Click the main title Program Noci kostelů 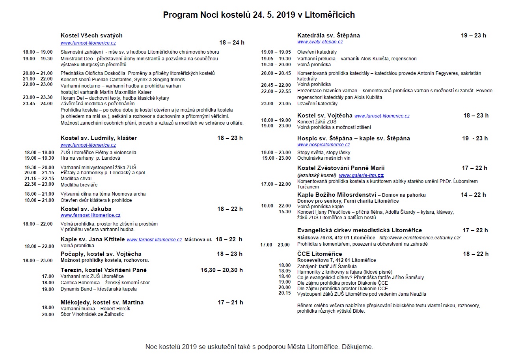click(x=259, y=15)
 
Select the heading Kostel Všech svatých click(x=91, y=35)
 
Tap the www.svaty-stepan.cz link click(x=320, y=42)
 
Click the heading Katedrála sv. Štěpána click(x=328, y=35)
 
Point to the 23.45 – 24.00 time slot click(x=38, y=104)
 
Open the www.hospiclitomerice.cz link click(x=323, y=145)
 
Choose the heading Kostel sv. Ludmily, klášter click(x=99, y=138)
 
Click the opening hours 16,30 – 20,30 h click(x=222, y=270)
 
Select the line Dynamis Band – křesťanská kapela click(x=99, y=289)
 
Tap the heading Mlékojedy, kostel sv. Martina click(x=102, y=302)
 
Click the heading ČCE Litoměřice click(x=320, y=254)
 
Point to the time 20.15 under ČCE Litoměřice click(x=285, y=293)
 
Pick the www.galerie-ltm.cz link click(x=362, y=175)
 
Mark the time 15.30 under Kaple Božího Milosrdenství click(x=285, y=212)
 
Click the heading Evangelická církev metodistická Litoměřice click(x=360, y=230)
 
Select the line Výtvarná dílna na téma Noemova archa click(x=103, y=194)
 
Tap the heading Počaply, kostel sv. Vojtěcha click(x=101, y=254)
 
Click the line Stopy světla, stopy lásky click(x=324, y=152)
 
